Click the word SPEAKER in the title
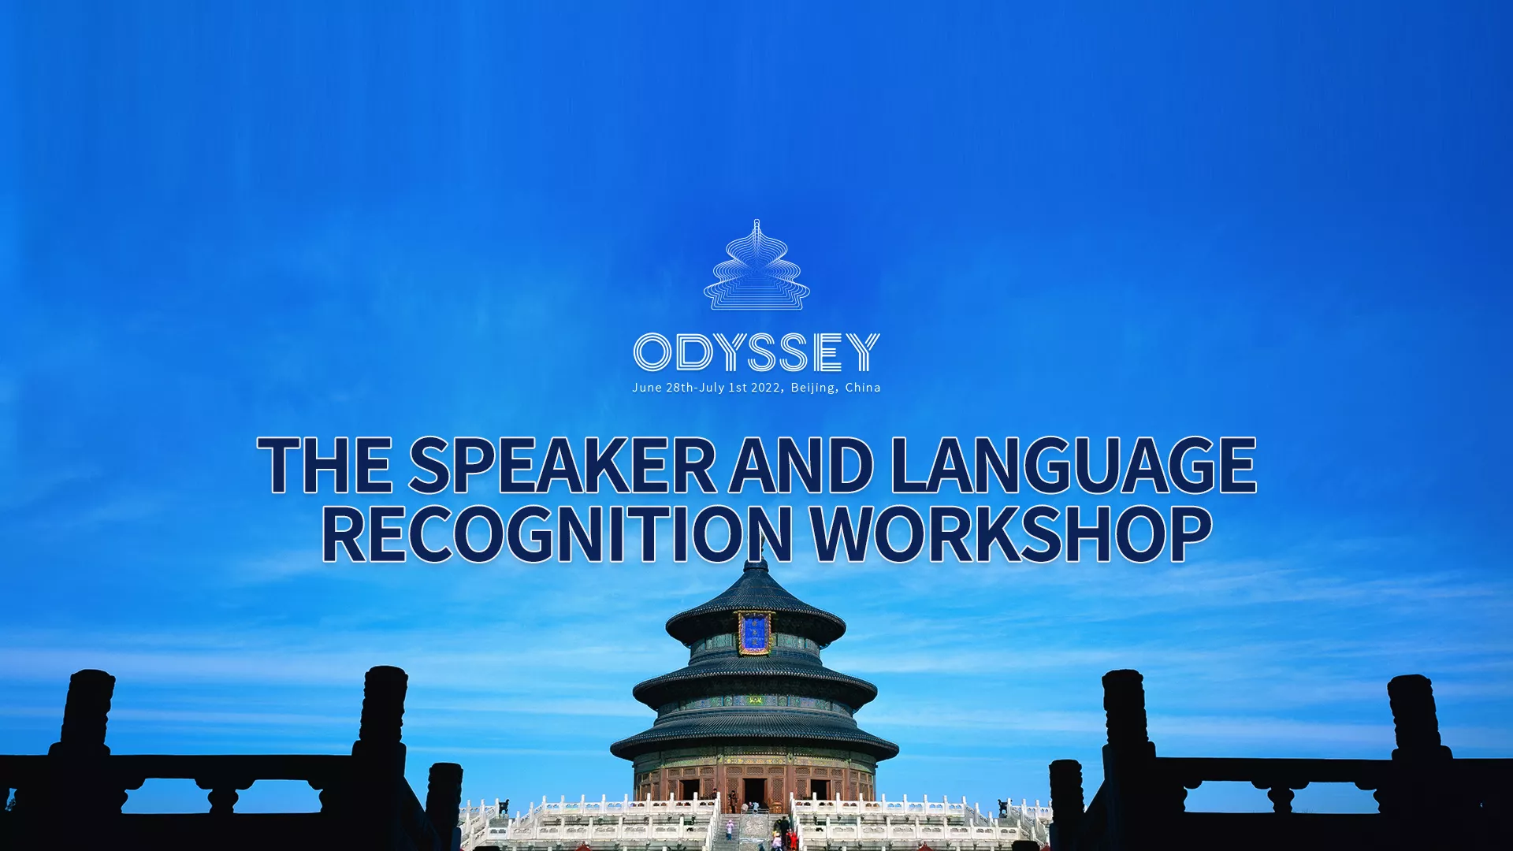(562, 465)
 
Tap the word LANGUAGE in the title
(1073, 465)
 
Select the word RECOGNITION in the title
(556, 533)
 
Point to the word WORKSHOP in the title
(1011, 533)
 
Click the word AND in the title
(802, 465)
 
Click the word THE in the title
(325, 465)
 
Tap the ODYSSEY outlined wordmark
(756, 351)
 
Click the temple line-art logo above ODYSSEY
(756, 265)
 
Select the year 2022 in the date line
(765, 388)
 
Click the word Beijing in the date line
(813, 388)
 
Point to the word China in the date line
(863, 388)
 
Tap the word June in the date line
(647, 388)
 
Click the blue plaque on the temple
(754, 634)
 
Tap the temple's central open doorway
(754, 792)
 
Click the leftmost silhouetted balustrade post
(87, 713)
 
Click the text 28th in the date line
(680, 388)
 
